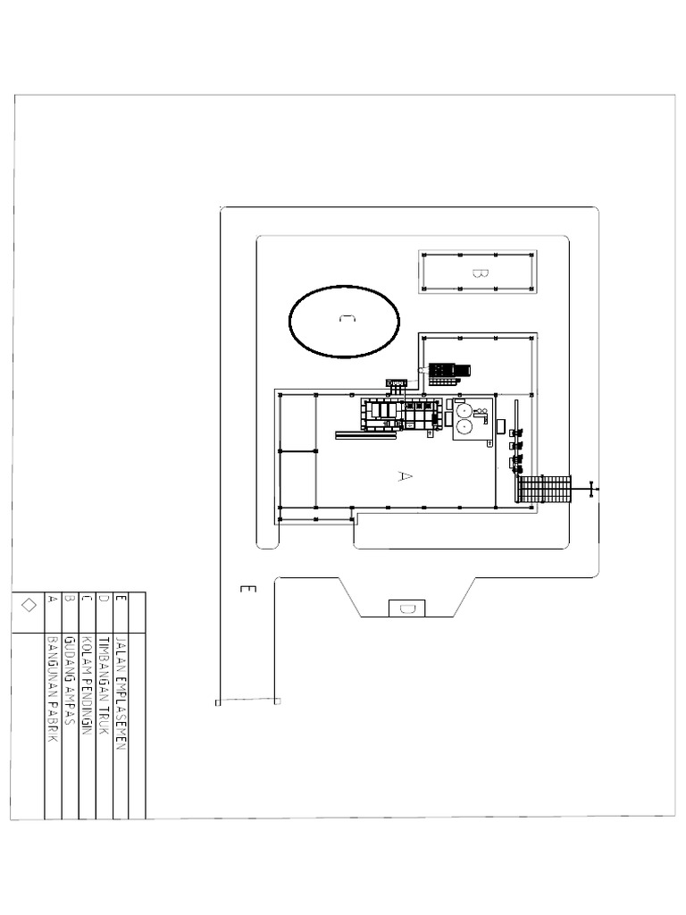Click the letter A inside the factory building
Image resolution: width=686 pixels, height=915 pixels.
pos(404,476)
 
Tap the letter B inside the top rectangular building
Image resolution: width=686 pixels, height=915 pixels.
pos(477,270)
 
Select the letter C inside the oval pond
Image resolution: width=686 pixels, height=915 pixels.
pos(344,320)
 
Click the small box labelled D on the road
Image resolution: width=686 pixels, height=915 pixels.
pos(406,609)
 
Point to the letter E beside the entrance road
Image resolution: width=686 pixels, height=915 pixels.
pos(248,590)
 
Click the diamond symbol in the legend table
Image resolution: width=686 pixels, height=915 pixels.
pos(28,605)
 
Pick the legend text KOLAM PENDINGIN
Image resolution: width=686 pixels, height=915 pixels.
pos(87,684)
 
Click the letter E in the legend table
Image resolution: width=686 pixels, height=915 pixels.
pos(121,600)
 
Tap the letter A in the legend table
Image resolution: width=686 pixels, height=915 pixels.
pos(53,600)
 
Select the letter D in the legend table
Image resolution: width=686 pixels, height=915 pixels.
pos(104,600)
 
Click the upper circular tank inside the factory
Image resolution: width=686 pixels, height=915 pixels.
pos(464,411)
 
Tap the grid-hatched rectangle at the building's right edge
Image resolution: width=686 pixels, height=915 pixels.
pos(543,490)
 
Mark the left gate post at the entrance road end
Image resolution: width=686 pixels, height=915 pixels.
pos(218,703)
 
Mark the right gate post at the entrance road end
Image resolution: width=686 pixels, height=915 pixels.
pos(277,701)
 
